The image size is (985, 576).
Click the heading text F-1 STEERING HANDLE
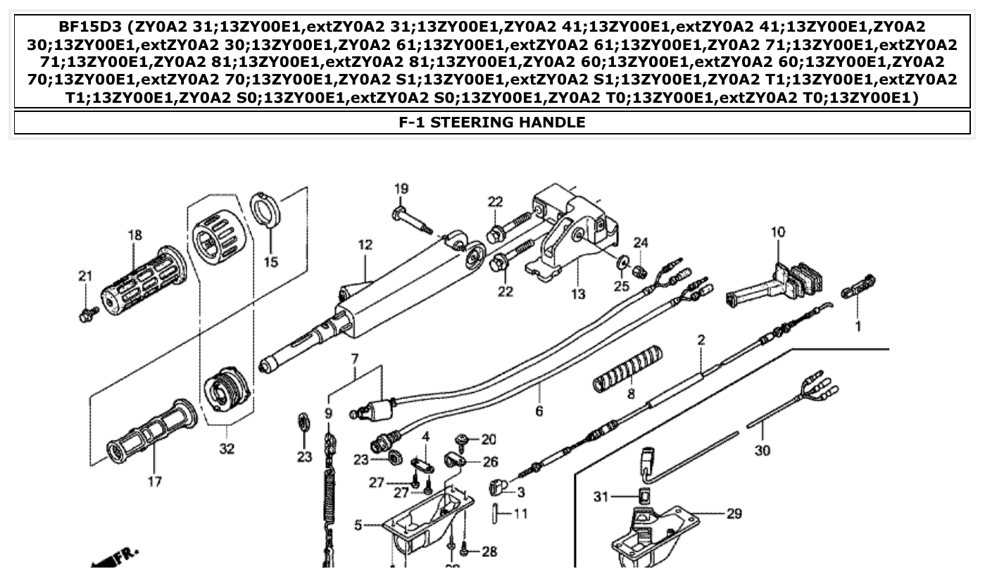(x=491, y=122)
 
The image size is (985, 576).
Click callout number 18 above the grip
(x=134, y=235)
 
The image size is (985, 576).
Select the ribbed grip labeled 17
(x=151, y=432)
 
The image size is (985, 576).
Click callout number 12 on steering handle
(x=364, y=245)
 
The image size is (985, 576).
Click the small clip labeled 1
(x=859, y=287)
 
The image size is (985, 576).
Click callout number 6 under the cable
(x=539, y=411)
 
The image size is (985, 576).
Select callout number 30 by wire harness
(x=762, y=450)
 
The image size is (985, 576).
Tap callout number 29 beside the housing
(x=734, y=514)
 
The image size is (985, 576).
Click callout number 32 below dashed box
(x=226, y=449)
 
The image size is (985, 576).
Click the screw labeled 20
(x=464, y=441)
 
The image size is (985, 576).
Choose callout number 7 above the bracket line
(x=355, y=359)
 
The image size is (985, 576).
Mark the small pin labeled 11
(x=498, y=514)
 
